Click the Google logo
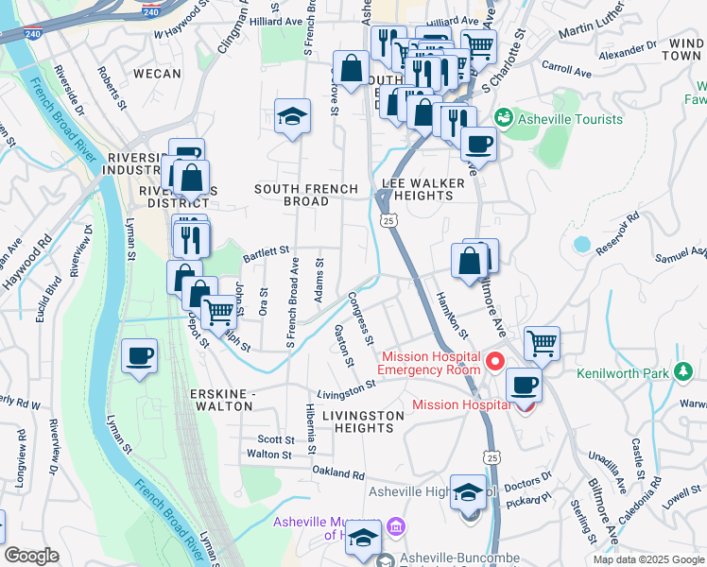(x=31, y=556)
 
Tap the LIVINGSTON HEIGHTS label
(x=356, y=421)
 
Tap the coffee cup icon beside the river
(x=140, y=356)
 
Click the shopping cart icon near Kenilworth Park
(x=541, y=343)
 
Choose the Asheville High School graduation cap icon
(x=468, y=491)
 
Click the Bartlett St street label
(x=265, y=252)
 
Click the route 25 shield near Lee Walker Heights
(x=389, y=220)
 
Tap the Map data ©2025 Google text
(x=647, y=559)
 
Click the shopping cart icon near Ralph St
(x=219, y=311)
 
